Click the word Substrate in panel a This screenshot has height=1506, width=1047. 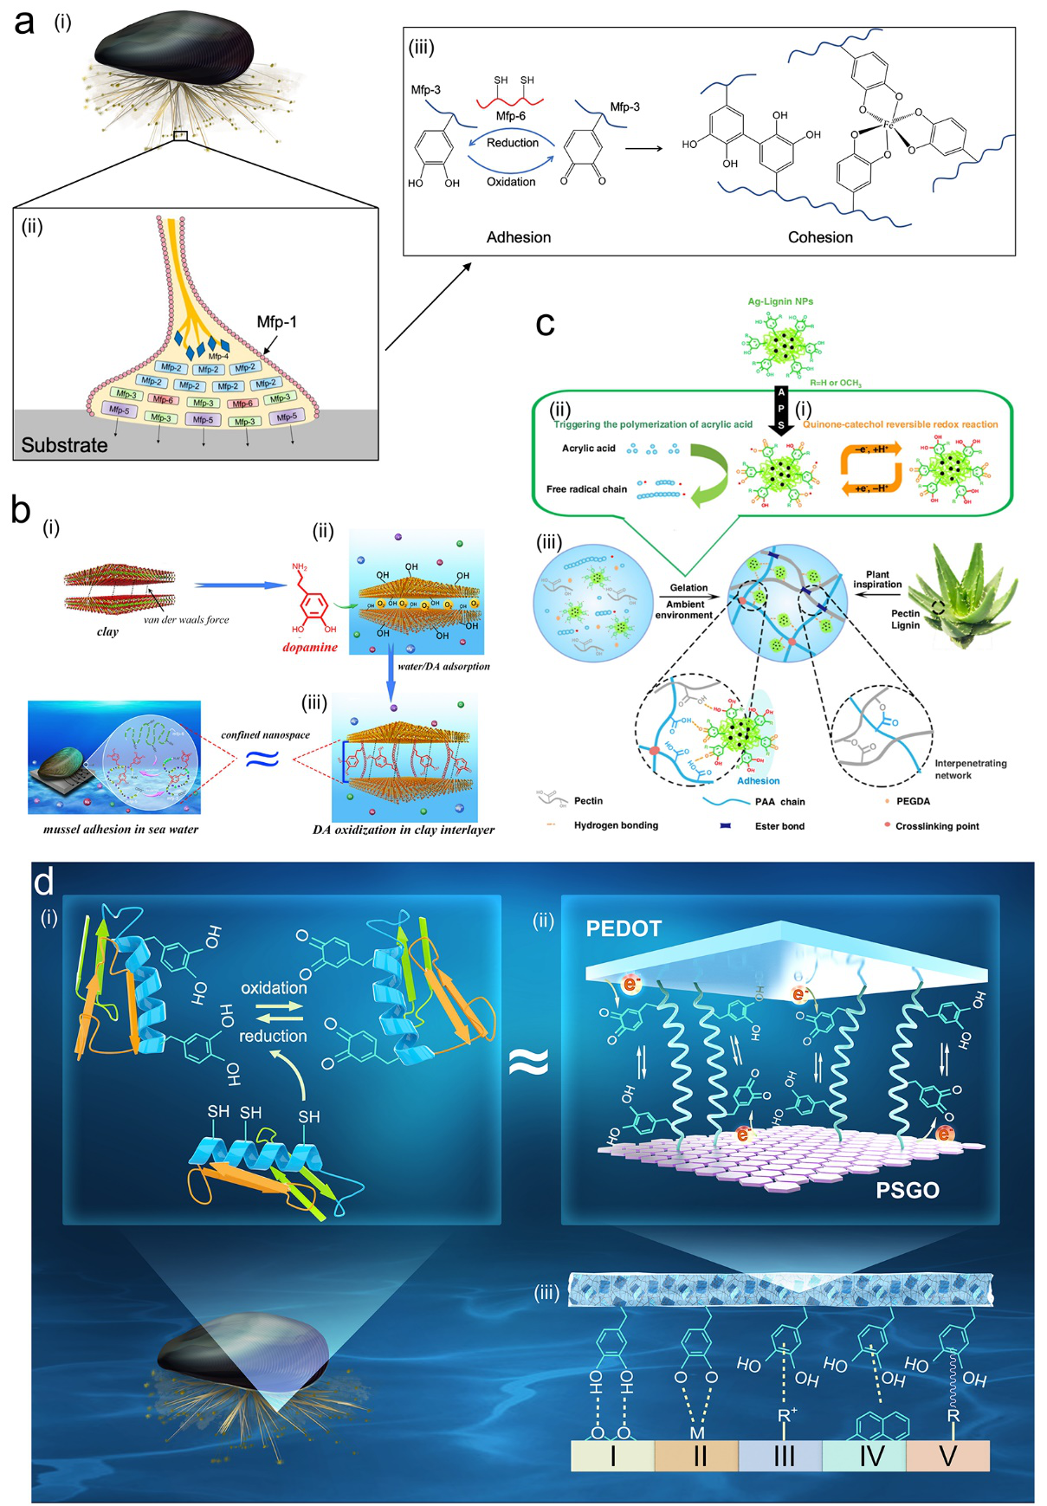(x=64, y=445)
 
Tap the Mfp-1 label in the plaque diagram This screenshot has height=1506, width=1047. (x=276, y=322)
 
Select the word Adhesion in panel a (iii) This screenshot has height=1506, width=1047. (x=518, y=237)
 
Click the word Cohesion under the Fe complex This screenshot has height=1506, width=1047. (x=819, y=237)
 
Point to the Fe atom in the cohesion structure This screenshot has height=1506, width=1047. (x=888, y=126)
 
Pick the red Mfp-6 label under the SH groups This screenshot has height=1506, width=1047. (x=510, y=116)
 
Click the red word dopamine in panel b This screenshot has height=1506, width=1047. (x=309, y=648)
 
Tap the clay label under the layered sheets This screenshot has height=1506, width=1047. (x=107, y=631)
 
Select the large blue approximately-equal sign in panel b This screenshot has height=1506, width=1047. (x=262, y=759)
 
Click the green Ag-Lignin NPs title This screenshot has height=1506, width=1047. (x=780, y=301)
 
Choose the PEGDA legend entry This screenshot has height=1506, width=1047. (x=913, y=801)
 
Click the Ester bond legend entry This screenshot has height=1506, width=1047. (x=779, y=826)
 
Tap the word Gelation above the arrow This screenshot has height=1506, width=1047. (x=688, y=588)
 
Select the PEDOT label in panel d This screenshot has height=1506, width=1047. (x=624, y=929)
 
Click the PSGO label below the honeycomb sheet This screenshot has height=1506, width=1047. (x=907, y=1190)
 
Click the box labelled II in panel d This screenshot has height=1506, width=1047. (x=698, y=1456)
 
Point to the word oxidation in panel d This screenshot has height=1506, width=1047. (x=274, y=988)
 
